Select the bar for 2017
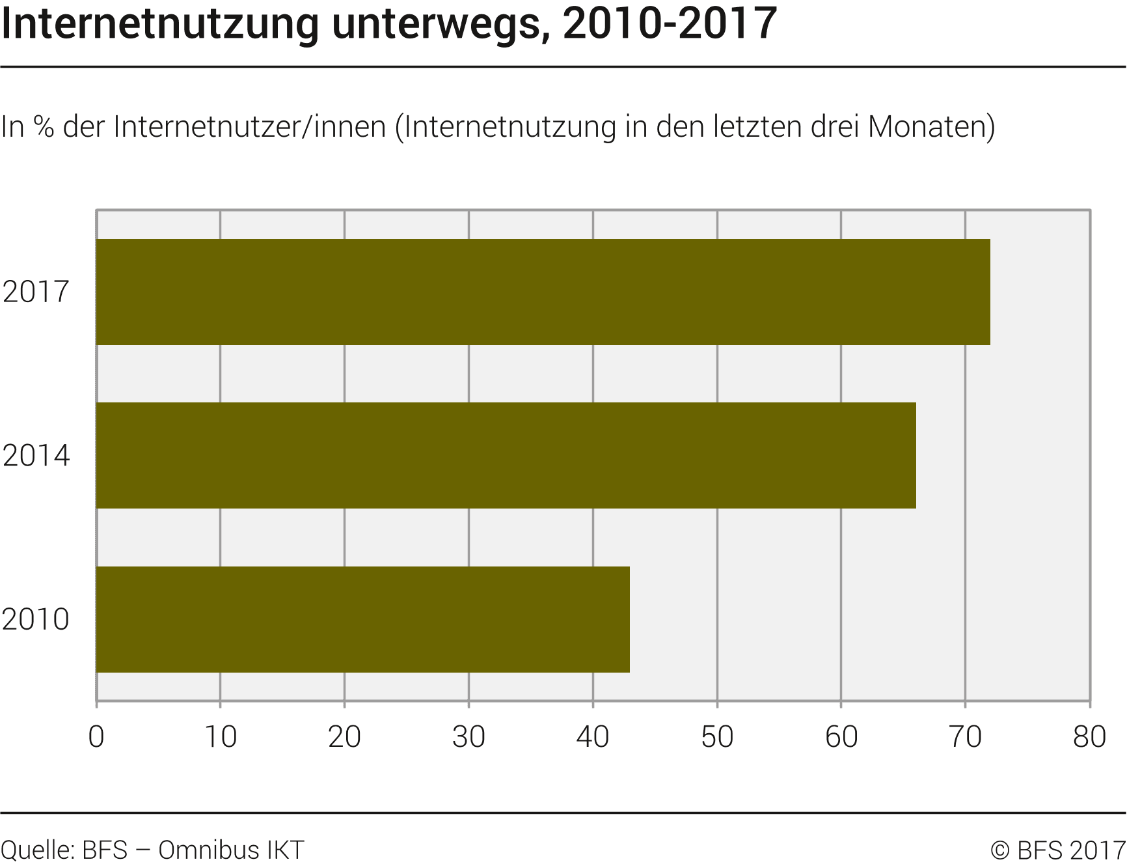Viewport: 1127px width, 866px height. (543, 292)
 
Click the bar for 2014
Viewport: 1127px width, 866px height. (506, 455)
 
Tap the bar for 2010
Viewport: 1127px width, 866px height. (362, 619)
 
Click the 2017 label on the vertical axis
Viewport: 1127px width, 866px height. (36, 292)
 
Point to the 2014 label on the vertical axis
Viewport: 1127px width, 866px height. (36, 455)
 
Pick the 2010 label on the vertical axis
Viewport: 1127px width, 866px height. (36, 619)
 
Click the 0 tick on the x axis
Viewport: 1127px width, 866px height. (96, 737)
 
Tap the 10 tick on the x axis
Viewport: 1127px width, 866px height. (221, 737)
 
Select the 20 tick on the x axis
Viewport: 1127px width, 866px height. (344, 737)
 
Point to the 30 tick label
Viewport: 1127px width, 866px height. (468, 737)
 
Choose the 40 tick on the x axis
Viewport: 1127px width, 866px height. (593, 737)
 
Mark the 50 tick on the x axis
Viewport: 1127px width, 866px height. (717, 737)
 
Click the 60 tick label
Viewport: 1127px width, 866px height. (841, 737)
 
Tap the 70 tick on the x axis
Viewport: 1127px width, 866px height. (965, 737)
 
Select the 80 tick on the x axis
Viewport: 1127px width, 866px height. (1089, 737)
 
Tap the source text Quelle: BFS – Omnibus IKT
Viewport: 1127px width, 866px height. (152, 850)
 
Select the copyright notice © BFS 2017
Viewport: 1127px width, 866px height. (1058, 850)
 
